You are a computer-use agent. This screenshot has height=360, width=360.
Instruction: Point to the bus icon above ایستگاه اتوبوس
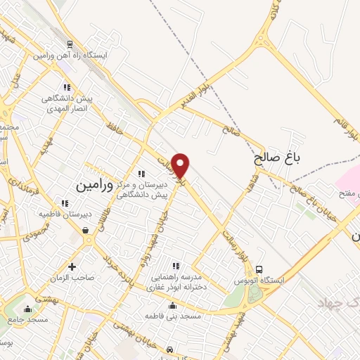pyautogui.click(x=259, y=269)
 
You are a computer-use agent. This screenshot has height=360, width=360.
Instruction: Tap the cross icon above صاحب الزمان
pyautogui.click(x=72, y=266)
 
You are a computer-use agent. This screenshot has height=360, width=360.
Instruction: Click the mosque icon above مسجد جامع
pyautogui.click(x=27, y=308)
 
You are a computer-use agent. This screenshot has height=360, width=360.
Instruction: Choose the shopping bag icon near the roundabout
pyautogui.click(x=85, y=229)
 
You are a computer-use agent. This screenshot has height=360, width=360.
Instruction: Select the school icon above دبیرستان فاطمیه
pyautogui.click(x=65, y=203)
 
